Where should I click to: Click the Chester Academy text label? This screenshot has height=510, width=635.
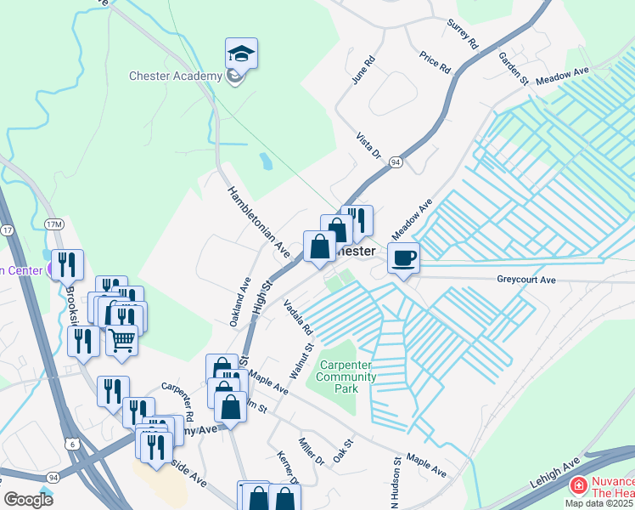coord(175,76)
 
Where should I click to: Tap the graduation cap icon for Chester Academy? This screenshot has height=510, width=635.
coord(241,54)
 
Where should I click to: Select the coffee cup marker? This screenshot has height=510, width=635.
coord(403,257)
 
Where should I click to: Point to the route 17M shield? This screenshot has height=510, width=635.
coord(54,224)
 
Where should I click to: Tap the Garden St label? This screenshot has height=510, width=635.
coord(514,69)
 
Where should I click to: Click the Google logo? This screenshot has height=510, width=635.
coord(28,500)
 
